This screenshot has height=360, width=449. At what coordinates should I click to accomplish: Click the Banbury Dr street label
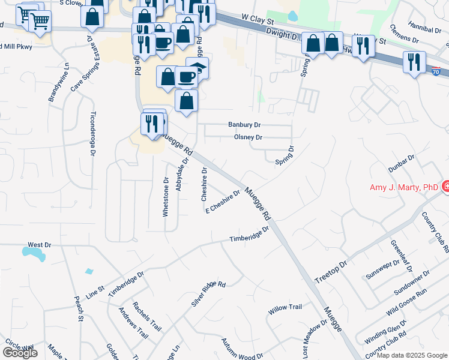244,125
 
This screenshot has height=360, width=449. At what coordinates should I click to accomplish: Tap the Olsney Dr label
248,137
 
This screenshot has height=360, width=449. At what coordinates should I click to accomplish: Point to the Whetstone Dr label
166,196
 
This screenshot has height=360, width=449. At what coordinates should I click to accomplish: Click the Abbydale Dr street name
182,175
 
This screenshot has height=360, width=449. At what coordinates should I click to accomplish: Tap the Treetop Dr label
331,272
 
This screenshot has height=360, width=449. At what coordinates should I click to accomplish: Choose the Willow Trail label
285,308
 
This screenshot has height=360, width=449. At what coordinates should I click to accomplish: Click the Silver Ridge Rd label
208,294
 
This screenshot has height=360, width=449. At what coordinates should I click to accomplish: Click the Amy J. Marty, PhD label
403,188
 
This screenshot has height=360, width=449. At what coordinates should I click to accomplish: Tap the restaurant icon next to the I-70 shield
414,62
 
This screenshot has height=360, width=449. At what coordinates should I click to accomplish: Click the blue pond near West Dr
37,255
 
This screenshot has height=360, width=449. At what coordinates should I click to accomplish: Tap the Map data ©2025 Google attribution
412,356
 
